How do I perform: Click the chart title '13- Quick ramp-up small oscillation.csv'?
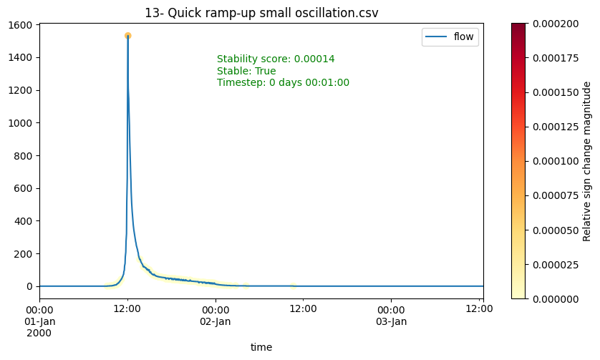pos(261,13)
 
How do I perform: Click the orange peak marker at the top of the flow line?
pos(127,35)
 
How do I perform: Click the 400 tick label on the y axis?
pos(25,221)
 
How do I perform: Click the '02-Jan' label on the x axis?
pos(216,321)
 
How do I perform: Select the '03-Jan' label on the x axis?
pos(391,321)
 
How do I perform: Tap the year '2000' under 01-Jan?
pos(40,333)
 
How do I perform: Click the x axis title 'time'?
pos(261,347)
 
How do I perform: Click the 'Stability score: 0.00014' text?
pos(276,59)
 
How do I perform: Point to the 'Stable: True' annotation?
pos(246,71)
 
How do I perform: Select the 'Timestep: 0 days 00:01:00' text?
pos(283,82)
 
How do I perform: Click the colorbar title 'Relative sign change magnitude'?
pos(586,161)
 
